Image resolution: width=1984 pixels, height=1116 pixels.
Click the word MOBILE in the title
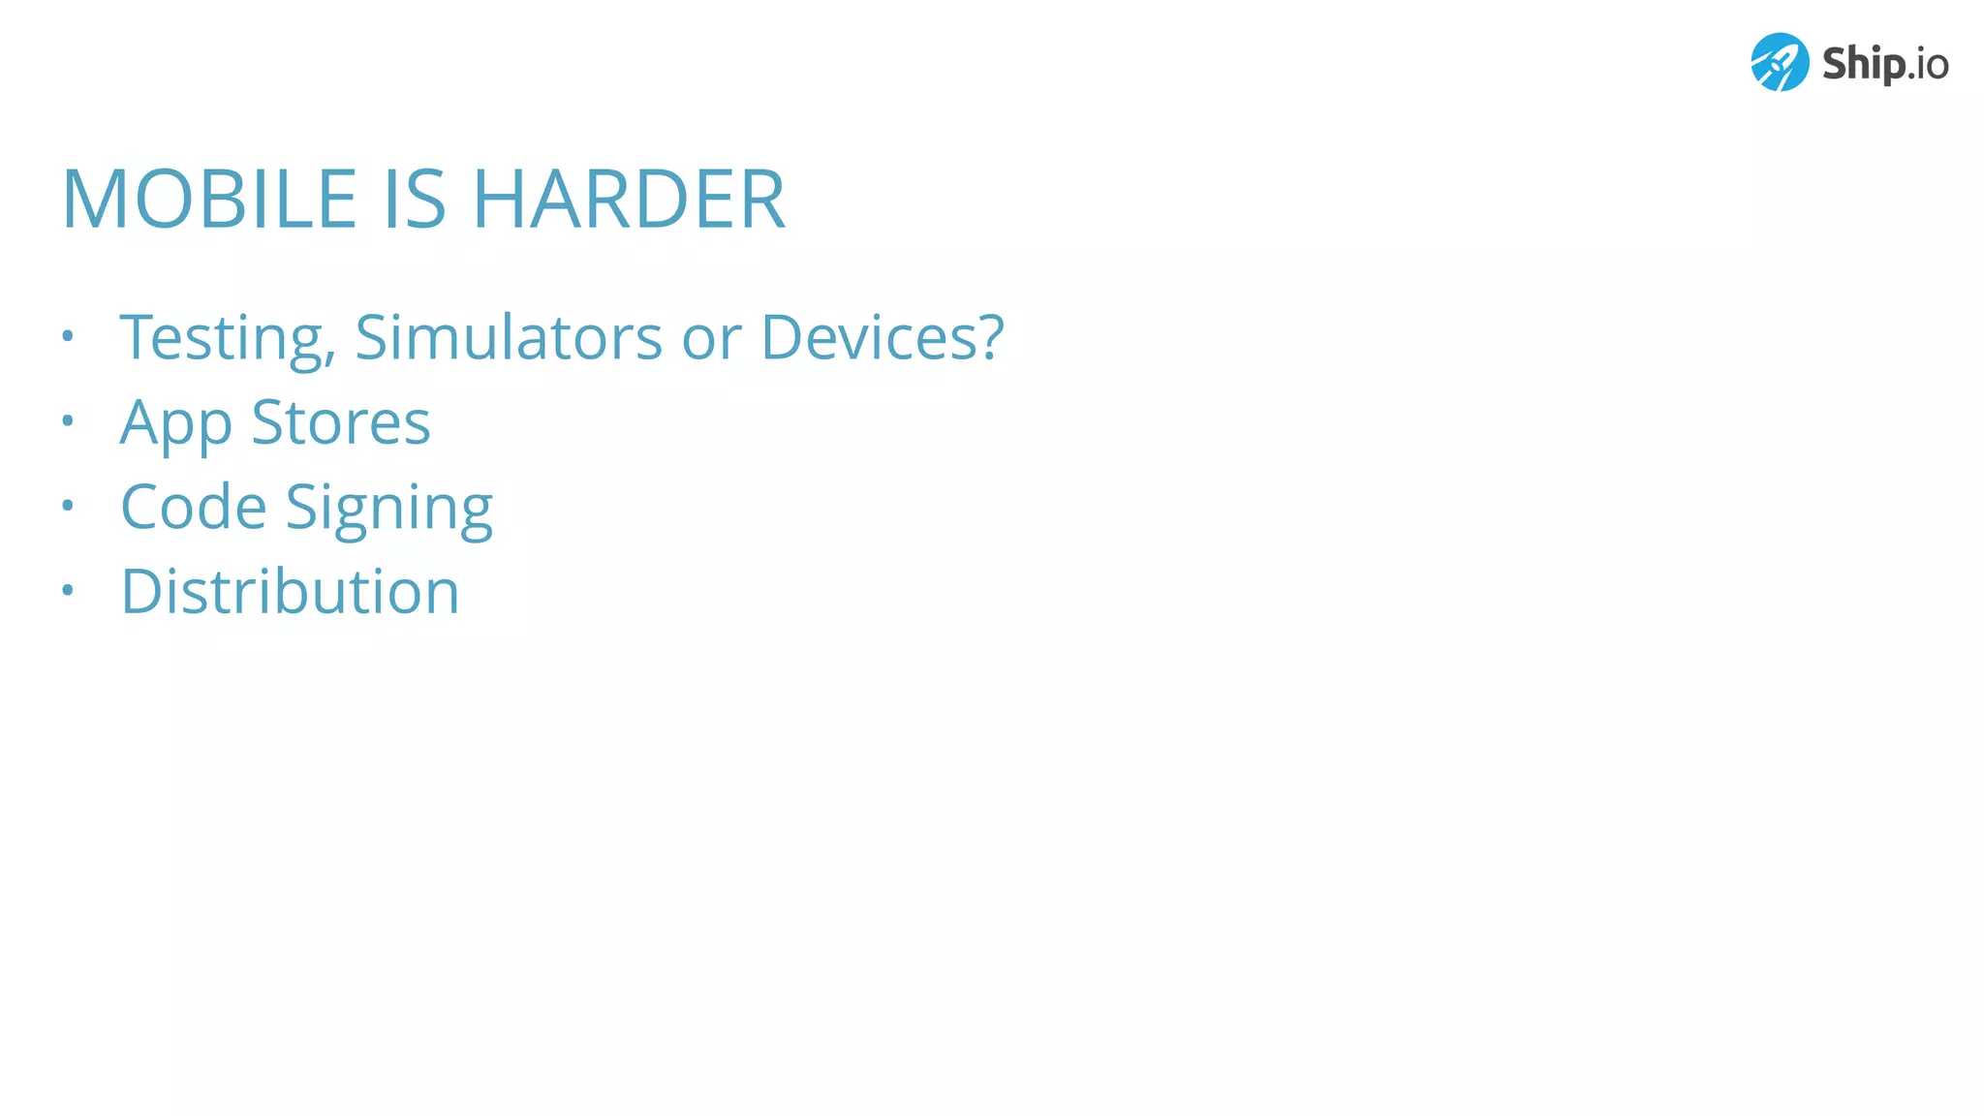[x=210, y=199]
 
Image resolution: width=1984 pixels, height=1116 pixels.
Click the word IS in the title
[x=415, y=199]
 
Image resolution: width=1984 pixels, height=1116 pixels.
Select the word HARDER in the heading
[x=629, y=199]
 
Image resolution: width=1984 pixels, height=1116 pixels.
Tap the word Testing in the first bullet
[x=228, y=338]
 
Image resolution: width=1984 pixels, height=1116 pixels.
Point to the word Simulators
[x=509, y=337]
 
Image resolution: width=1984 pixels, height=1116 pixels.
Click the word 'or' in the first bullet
[x=711, y=338]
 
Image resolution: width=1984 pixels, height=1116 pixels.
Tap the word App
[x=175, y=423]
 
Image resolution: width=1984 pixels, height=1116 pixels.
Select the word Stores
[x=340, y=422]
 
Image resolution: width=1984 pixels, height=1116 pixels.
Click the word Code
[x=194, y=507]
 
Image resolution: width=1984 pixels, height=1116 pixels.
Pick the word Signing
[x=388, y=509]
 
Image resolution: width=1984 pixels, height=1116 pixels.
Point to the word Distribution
[x=290, y=591]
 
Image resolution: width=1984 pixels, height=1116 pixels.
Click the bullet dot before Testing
[x=67, y=336]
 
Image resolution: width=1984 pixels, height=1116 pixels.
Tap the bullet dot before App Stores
[x=67, y=420]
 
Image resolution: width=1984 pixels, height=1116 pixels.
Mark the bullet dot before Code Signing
[x=67, y=505]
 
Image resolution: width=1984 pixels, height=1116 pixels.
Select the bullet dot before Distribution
[x=67, y=589]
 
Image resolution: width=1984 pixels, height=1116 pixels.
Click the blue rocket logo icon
[x=1780, y=62]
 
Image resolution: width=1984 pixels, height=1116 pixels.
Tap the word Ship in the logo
[x=1863, y=64]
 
